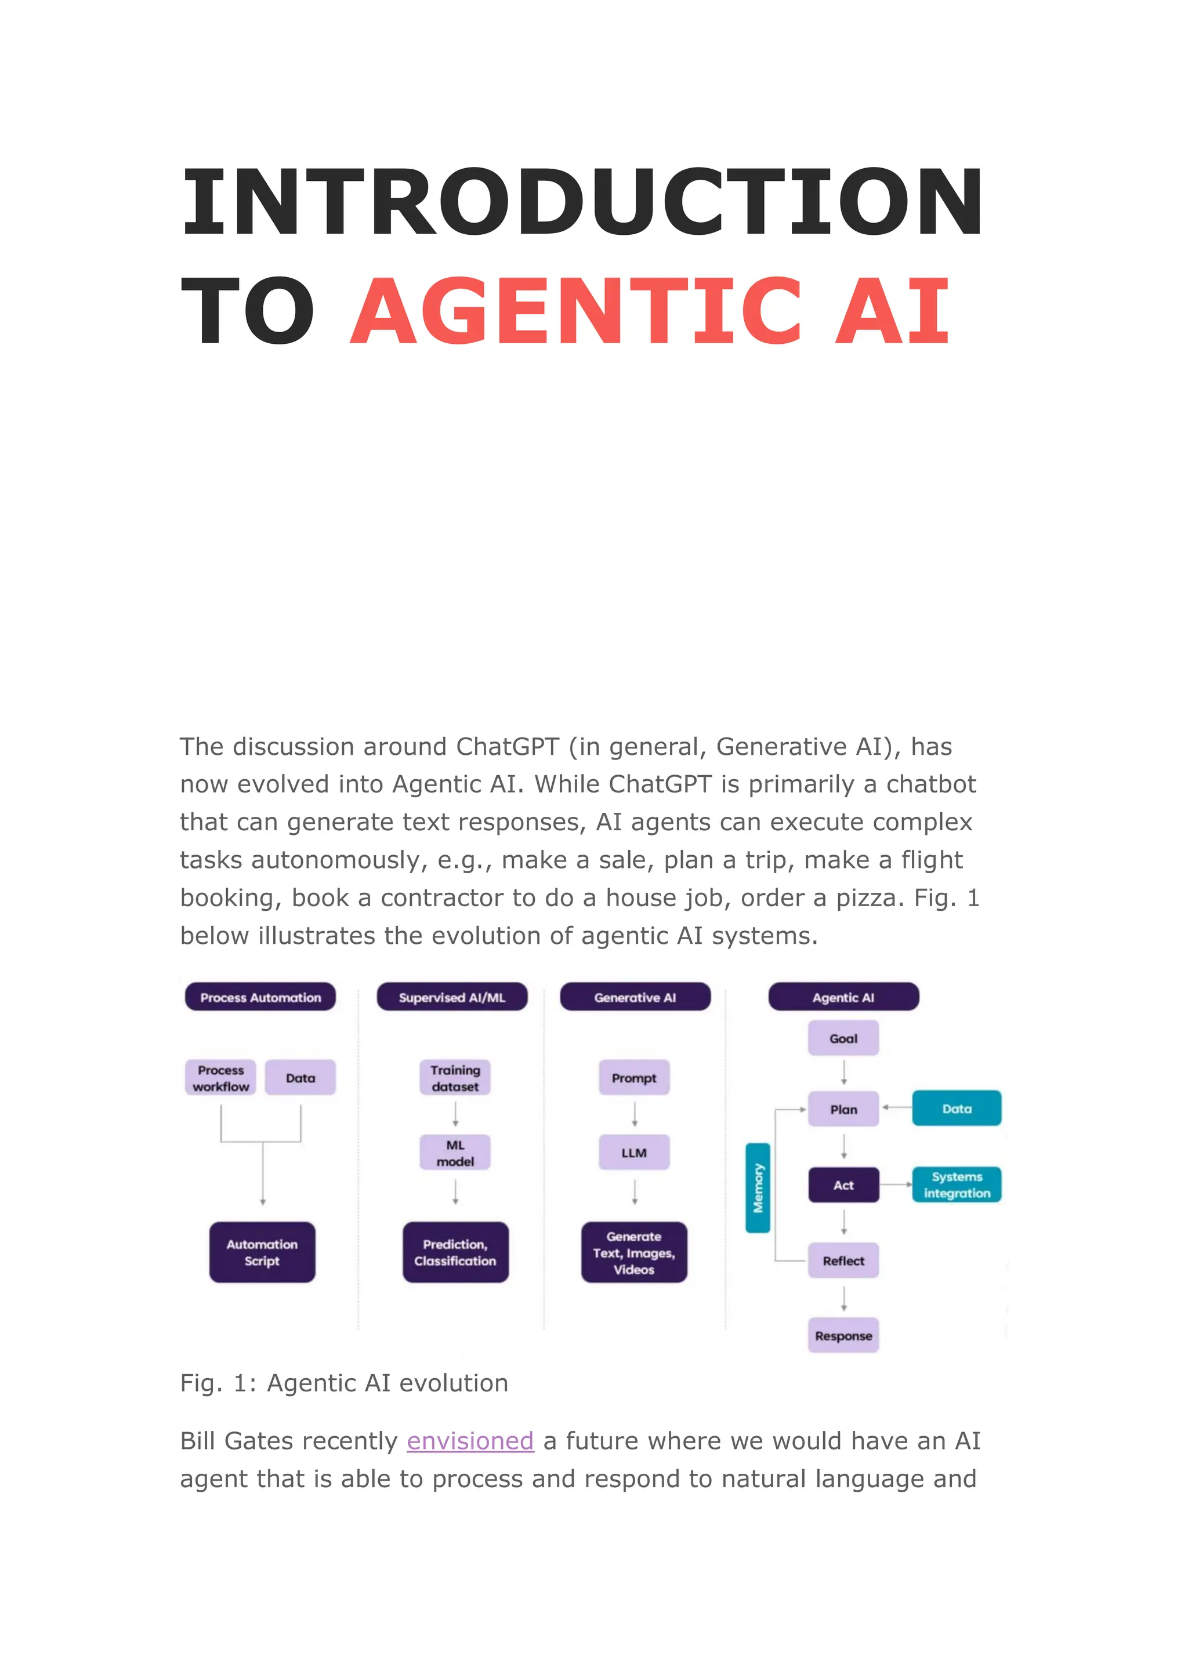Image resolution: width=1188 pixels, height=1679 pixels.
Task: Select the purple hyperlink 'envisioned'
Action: (x=470, y=1441)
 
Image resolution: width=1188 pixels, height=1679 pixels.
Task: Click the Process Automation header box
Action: (x=260, y=997)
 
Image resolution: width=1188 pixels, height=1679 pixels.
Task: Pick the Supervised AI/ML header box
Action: (x=452, y=997)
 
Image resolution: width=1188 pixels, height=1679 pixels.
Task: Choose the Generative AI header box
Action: (x=635, y=997)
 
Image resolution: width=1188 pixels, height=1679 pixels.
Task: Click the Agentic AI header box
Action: (x=843, y=997)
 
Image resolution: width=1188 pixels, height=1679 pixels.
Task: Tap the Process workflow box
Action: (x=221, y=1078)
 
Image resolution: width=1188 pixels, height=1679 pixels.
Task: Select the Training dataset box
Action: (x=455, y=1078)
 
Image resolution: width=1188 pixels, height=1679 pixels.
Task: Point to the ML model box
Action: (x=455, y=1153)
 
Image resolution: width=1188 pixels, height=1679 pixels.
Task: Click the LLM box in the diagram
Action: (x=634, y=1153)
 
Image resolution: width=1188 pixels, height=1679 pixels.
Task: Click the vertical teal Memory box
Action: (x=758, y=1189)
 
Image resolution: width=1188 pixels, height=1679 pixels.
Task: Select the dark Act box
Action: (x=843, y=1186)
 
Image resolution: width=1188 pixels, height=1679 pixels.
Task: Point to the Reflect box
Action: (x=843, y=1261)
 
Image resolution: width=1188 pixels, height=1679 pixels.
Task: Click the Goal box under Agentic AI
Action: (x=843, y=1038)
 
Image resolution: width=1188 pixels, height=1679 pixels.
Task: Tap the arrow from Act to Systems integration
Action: (x=896, y=1184)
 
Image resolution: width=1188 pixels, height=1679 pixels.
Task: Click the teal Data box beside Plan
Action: (x=957, y=1109)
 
